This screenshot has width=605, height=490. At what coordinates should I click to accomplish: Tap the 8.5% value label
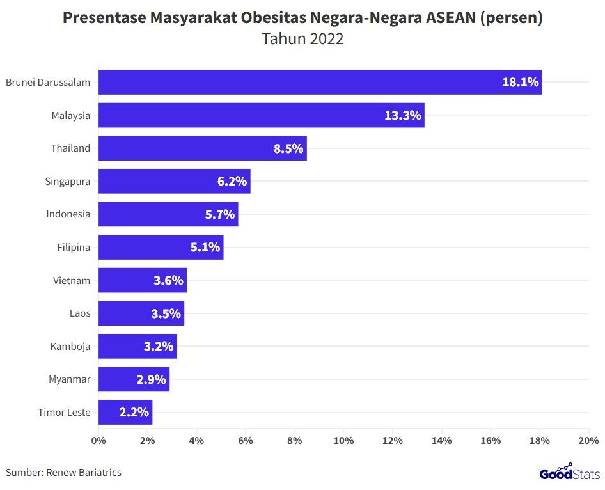click(x=289, y=148)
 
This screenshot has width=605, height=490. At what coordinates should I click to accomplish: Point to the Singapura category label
click(x=67, y=181)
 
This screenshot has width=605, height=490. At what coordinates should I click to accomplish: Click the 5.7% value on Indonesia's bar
click(x=220, y=214)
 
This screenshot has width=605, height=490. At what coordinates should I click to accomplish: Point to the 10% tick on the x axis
click(x=343, y=441)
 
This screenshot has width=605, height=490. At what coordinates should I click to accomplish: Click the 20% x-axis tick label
click(x=588, y=441)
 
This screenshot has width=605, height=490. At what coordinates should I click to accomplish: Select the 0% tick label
click(x=98, y=441)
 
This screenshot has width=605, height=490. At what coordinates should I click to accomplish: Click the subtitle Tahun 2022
click(x=302, y=39)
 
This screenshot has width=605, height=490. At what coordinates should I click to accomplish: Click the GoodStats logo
click(x=569, y=473)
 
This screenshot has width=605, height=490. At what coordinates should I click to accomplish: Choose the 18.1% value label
click(x=520, y=82)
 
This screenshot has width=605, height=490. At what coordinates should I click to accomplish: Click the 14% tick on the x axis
click(x=441, y=441)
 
